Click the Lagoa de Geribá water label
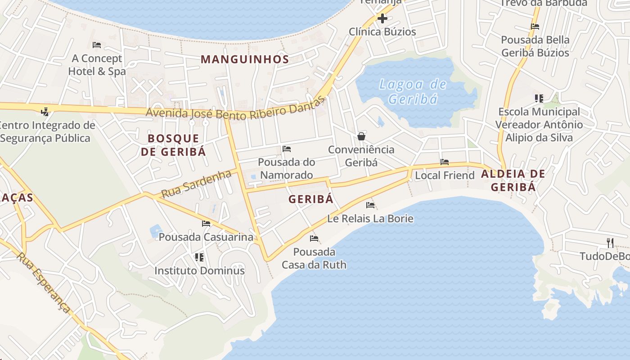(x=413, y=91)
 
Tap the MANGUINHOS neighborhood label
(x=245, y=59)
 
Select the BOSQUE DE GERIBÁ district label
(x=173, y=145)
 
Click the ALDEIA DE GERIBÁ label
(x=513, y=180)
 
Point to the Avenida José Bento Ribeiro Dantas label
(x=235, y=109)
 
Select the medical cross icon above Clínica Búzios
(x=382, y=18)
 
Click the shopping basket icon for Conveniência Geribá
(x=361, y=136)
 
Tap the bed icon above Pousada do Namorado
(x=287, y=149)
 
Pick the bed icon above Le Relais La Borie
(x=370, y=205)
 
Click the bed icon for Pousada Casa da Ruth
(x=314, y=238)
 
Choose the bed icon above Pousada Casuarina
(x=206, y=223)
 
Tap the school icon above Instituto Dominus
(x=199, y=257)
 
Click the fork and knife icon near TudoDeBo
(x=610, y=243)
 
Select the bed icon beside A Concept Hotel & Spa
(x=96, y=45)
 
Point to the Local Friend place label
(x=445, y=175)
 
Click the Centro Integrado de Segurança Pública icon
(x=45, y=112)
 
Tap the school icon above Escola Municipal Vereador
(x=539, y=98)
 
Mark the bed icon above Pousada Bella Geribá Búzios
(x=535, y=27)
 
